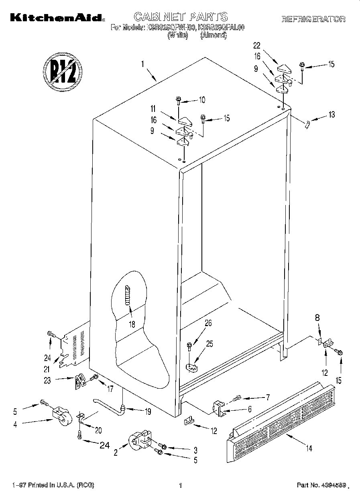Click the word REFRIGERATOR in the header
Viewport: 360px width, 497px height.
[x=313, y=19]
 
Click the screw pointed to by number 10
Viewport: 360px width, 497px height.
[x=179, y=101]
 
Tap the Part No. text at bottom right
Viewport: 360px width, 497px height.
[x=320, y=485]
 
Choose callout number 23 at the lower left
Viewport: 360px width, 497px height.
[x=47, y=381]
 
